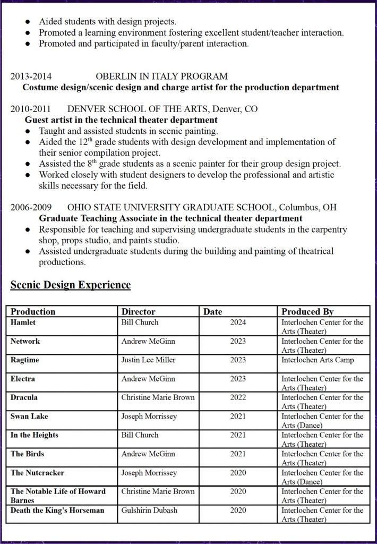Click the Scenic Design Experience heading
coord(71,285)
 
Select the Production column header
coord(33,312)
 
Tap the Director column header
coord(138,312)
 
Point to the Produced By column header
coord(307,312)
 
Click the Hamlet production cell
coord(23,322)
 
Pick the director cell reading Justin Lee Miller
coord(148,360)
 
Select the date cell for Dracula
coord(238,397)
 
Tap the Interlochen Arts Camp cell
coord(318,360)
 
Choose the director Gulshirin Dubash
coord(149,511)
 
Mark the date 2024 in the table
coord(238,322)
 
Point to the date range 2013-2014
coord(31,76)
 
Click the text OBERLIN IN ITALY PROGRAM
coord(161,76)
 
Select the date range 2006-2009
coord(31,207)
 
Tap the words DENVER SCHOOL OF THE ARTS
coord(138,109)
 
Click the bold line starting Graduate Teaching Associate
coord(170,218)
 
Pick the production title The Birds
coord(28,454)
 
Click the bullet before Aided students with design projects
coord(28,22)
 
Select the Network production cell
coord(25,341)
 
